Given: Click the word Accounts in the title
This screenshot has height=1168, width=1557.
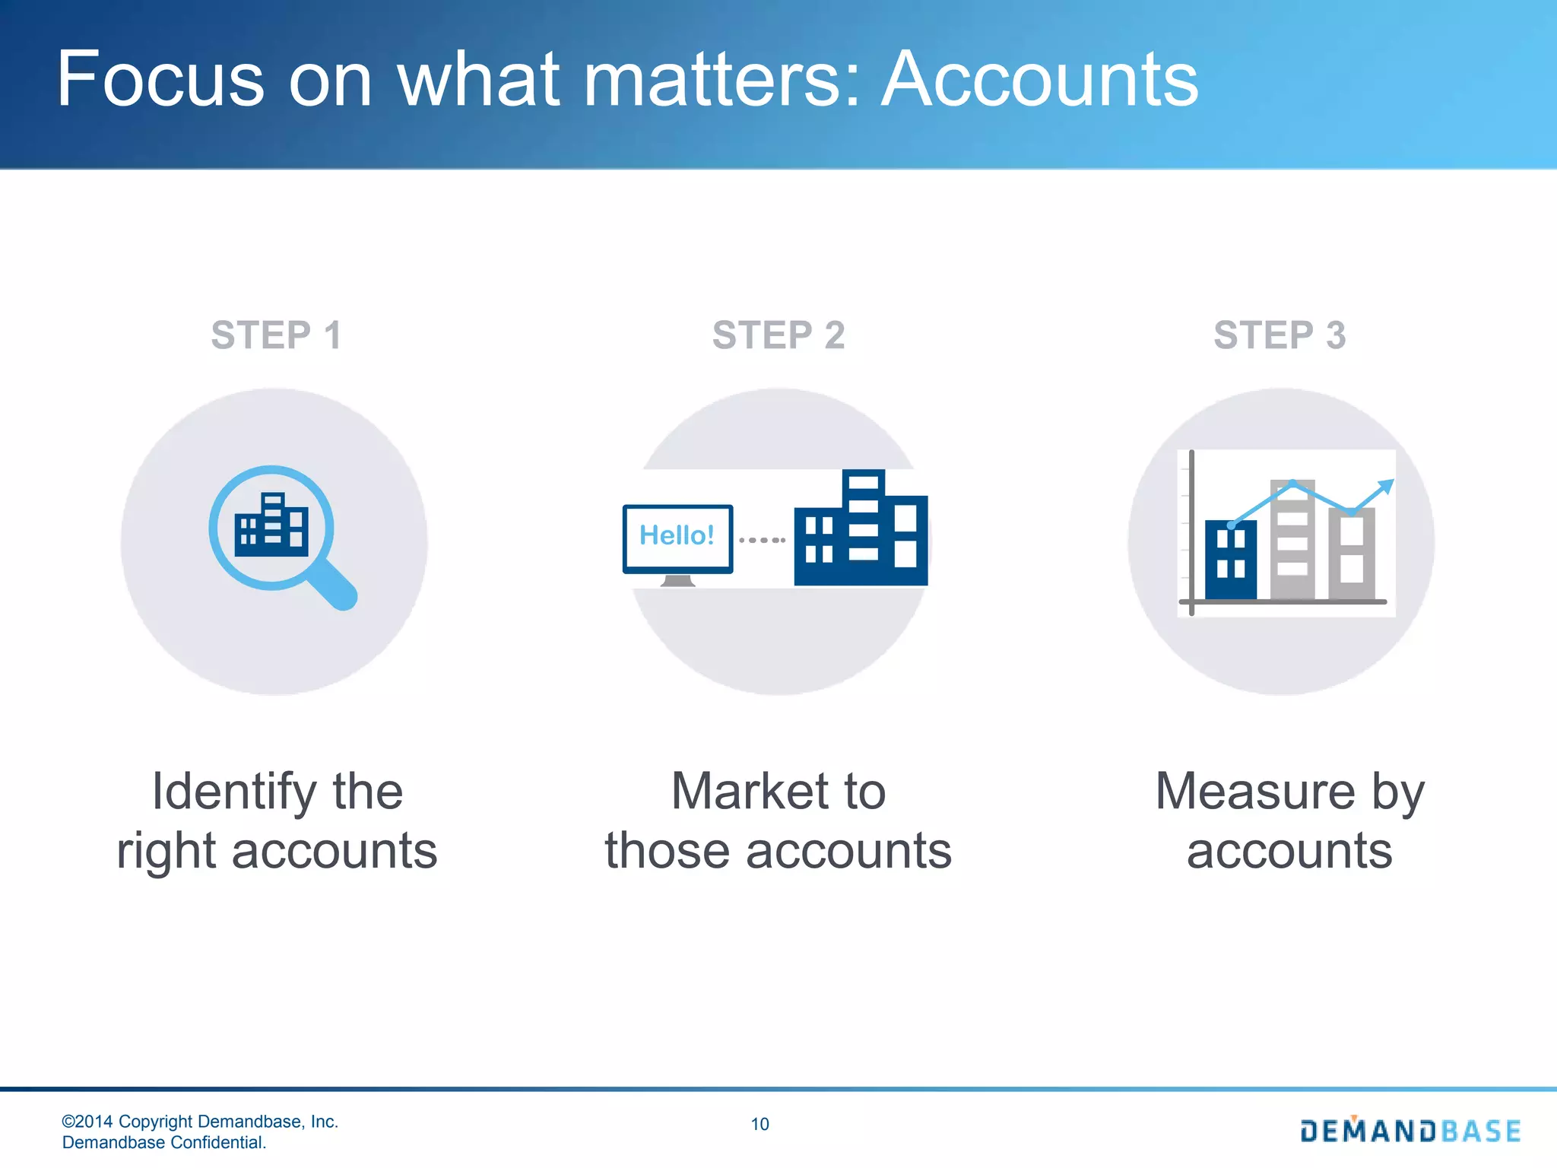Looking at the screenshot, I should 1039,80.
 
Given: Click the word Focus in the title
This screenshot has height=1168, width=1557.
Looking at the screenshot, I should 160,80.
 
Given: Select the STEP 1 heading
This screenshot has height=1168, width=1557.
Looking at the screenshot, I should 276,335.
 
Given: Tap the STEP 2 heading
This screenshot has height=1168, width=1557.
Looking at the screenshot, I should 778,335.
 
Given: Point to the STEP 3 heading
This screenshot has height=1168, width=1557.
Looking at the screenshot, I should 1280,335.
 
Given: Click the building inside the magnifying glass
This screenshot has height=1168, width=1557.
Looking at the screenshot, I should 271,526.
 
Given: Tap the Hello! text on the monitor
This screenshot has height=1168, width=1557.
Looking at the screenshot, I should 677,535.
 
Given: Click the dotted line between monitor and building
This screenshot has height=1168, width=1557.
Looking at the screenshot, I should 763,540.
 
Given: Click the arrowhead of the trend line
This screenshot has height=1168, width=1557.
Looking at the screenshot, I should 1387,486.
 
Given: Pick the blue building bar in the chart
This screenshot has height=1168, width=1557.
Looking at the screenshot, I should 1231,560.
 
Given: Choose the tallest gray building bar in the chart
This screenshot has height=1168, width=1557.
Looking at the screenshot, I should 1292,540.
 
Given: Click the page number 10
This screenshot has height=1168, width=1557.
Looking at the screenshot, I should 759,1124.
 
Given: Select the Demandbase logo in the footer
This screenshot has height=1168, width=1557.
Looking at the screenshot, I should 1410,1131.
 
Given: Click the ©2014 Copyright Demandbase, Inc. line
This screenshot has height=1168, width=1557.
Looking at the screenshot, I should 200,1122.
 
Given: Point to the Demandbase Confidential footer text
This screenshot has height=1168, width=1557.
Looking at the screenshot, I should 164,1142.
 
